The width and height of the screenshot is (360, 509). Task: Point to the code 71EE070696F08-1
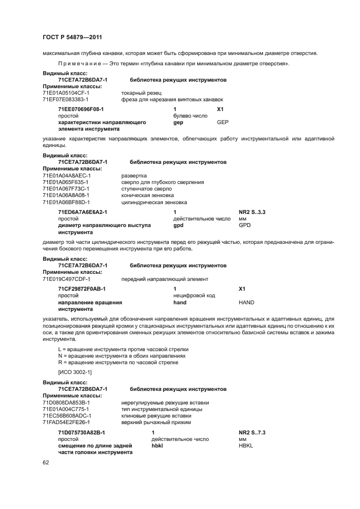click(x=81, y=109)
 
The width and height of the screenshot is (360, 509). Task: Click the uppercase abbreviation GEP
click(x=223, y=122)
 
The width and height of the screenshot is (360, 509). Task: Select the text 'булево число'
click(x=190, y=116)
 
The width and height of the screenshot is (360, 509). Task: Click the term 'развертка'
click(x=133, y=176)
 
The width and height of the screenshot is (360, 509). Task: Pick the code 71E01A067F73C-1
click(x=66, y=189)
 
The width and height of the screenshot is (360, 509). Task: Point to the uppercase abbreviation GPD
click(x=245, y=225)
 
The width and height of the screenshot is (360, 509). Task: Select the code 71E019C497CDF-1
click(x=66, y=279)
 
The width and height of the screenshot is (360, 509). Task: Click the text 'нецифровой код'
click(x=194, y=296)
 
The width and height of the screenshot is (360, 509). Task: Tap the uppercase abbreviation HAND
click(x=246, y=302)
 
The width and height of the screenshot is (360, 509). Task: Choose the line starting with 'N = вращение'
click(x=118, y=355)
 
